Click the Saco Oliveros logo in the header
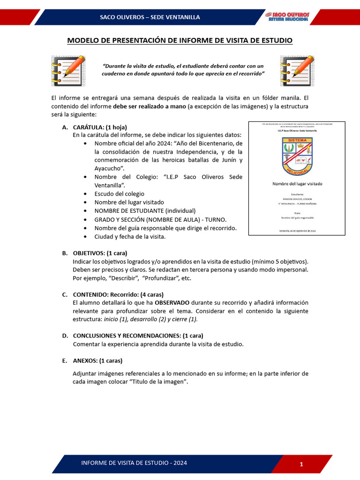click(x=288, y=16)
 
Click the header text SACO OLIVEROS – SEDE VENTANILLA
click(x=150, y=17)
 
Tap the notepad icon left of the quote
click(x=68, y=71)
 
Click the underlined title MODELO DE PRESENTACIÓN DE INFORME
click(x=180, y=41)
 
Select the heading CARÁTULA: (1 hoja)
click(x=100, y=127)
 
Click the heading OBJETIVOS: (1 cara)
click(x=100, y=253)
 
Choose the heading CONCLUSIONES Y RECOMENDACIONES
click(x=138, y=336)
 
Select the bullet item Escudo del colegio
click(x=119, y=194)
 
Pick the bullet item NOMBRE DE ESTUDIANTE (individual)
click(x=145, y=211)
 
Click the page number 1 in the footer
click(x=301, y=464)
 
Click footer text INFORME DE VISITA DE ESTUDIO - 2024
click(x=134, y=463)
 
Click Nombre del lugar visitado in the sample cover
click(x=297, y=184)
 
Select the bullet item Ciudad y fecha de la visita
click(x=130, y=237)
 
